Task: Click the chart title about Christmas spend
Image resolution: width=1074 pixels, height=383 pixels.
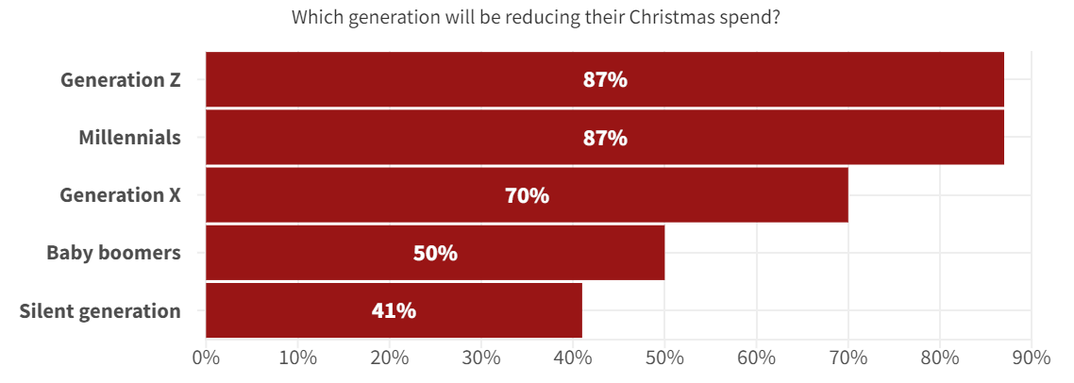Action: [x=535, y=17]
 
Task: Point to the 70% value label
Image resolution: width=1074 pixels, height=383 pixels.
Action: [x=527, y=196]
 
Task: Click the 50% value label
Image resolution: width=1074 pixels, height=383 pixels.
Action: [x=435, y=254]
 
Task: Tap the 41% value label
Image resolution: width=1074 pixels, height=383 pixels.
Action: [x=394, y=310]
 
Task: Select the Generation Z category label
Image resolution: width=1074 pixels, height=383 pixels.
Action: [x=120, y=80]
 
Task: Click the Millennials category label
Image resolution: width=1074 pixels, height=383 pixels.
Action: [x=129, y=138]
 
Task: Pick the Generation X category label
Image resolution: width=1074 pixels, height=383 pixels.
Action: [x=120, y=195]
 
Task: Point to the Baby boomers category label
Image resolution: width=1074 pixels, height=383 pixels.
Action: [x=113, y=253]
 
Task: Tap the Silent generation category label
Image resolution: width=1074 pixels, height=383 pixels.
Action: [x=100, y=310]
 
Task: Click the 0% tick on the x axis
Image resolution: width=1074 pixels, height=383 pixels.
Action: [x=206, y=358]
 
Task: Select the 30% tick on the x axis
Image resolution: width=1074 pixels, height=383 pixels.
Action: [x=480, y=358]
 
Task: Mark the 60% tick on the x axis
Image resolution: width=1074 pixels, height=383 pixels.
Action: [x=756, y=358]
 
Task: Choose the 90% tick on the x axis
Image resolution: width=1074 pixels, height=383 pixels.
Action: [x=1031, y=358]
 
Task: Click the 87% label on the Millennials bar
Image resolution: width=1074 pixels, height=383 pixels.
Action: [x=605, y=138]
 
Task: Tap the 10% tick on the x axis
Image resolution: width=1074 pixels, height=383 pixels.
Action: [x=297, y=358]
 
